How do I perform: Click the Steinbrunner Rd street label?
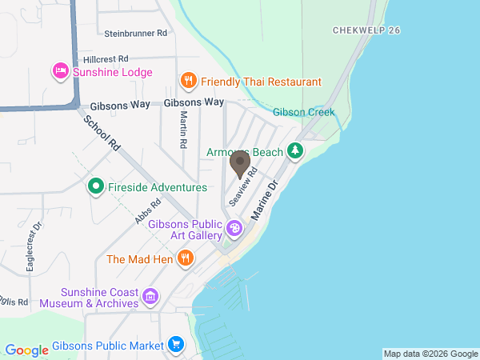(135, 34)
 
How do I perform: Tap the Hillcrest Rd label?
(106, 59)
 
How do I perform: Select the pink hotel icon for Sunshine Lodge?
(60, 72)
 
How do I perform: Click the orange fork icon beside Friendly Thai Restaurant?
(188, 81)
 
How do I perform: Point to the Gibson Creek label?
(303, 113)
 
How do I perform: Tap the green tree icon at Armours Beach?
(296, 150)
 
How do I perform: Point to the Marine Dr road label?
(262, 202)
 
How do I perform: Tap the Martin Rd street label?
(183, 128)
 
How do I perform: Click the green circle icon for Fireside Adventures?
(95, 187)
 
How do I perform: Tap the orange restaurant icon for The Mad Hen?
(186, 258)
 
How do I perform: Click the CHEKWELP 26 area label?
(366, 30)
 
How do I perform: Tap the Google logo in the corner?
(26, 350)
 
